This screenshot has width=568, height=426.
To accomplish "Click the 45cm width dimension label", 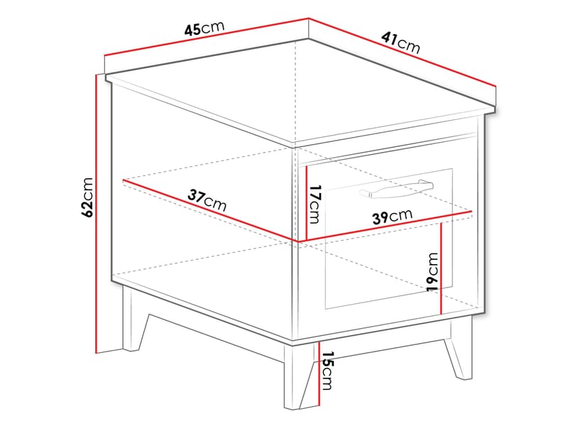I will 204,29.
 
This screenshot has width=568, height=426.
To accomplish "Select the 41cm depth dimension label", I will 400,45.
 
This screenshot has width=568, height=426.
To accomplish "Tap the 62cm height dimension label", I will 87,196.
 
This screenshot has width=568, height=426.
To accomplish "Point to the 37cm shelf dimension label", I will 207,199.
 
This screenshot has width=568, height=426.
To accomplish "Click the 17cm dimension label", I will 315,204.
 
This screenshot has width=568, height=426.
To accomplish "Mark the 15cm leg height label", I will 326,371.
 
